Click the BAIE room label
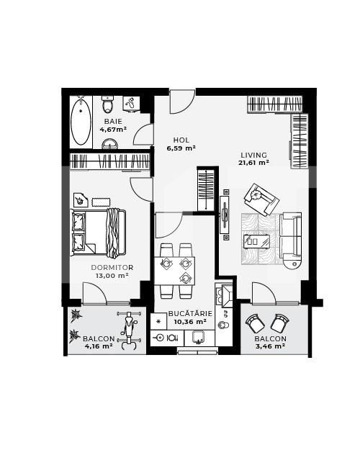coord(113,121)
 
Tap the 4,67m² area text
coord(113,130)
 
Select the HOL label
coord(181,140)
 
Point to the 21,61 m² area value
coord(254,163)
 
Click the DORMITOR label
coord(112,267)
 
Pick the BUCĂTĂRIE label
coord(190,313)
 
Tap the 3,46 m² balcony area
coord(271,346)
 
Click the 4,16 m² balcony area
coord(98,346)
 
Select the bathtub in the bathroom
coord(81,121)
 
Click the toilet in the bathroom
coord(109,106)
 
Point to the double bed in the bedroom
coord(99,230)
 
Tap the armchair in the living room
coord(258,198)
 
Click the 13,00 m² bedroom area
coord(113,275)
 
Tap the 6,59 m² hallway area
coord(181,148)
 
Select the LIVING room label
coord(253,155)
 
